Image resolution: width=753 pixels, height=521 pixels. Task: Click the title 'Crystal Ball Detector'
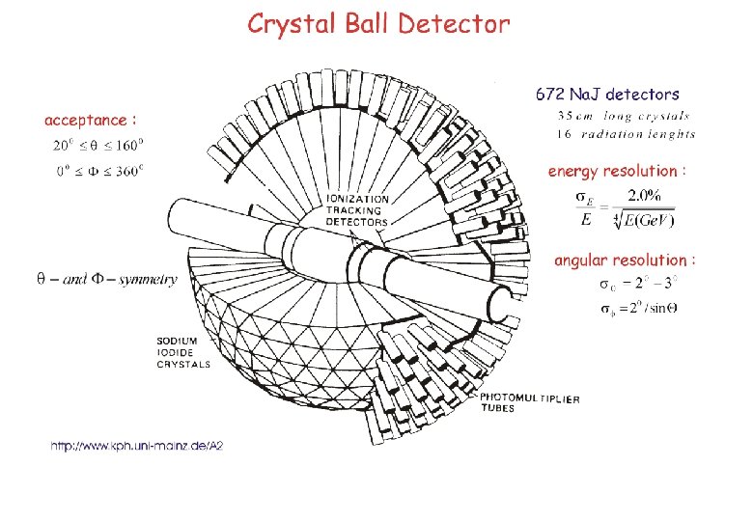pos(377,23)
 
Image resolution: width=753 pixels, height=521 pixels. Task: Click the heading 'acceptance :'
pos(91,121)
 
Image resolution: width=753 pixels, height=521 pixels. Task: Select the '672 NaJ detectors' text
pos(607,95)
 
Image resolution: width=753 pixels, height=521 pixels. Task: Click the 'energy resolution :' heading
pos(617,171)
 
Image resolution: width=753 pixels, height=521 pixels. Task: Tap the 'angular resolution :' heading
pos(624,260)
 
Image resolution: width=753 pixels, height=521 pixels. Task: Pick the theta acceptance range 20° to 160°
pos(98,147)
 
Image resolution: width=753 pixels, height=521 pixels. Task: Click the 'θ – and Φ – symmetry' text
pos(106,279)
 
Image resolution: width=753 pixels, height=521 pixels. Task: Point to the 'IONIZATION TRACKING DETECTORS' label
pos(356,210)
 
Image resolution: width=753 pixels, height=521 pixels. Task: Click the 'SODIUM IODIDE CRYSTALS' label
pos(182,352)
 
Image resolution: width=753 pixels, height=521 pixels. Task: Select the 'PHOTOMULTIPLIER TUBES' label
pos(530,402)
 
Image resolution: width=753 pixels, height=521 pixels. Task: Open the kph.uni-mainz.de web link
pos(136,447)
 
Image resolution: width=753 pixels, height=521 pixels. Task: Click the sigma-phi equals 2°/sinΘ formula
pos(640,309)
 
